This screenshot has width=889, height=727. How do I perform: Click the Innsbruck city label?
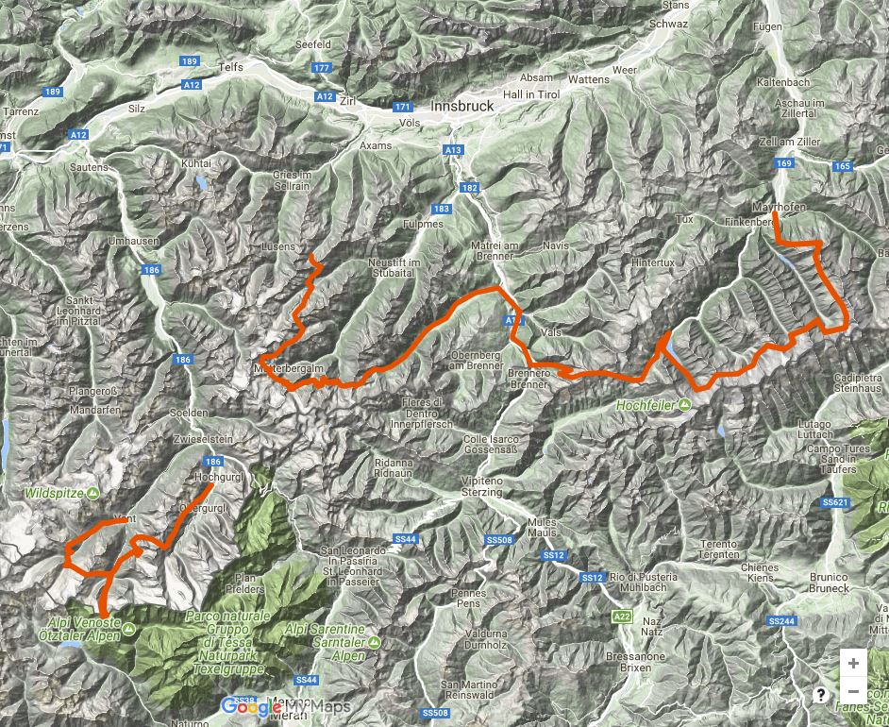461,107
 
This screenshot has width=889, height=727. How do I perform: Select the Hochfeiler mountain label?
647,405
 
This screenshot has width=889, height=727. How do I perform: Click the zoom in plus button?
853,663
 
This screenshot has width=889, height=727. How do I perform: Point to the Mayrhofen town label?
777,206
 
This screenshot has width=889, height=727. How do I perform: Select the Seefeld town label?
312,44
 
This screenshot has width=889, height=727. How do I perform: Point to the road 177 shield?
322,68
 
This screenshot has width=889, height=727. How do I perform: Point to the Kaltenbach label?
783,83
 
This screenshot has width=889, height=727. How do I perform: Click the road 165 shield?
843,167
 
